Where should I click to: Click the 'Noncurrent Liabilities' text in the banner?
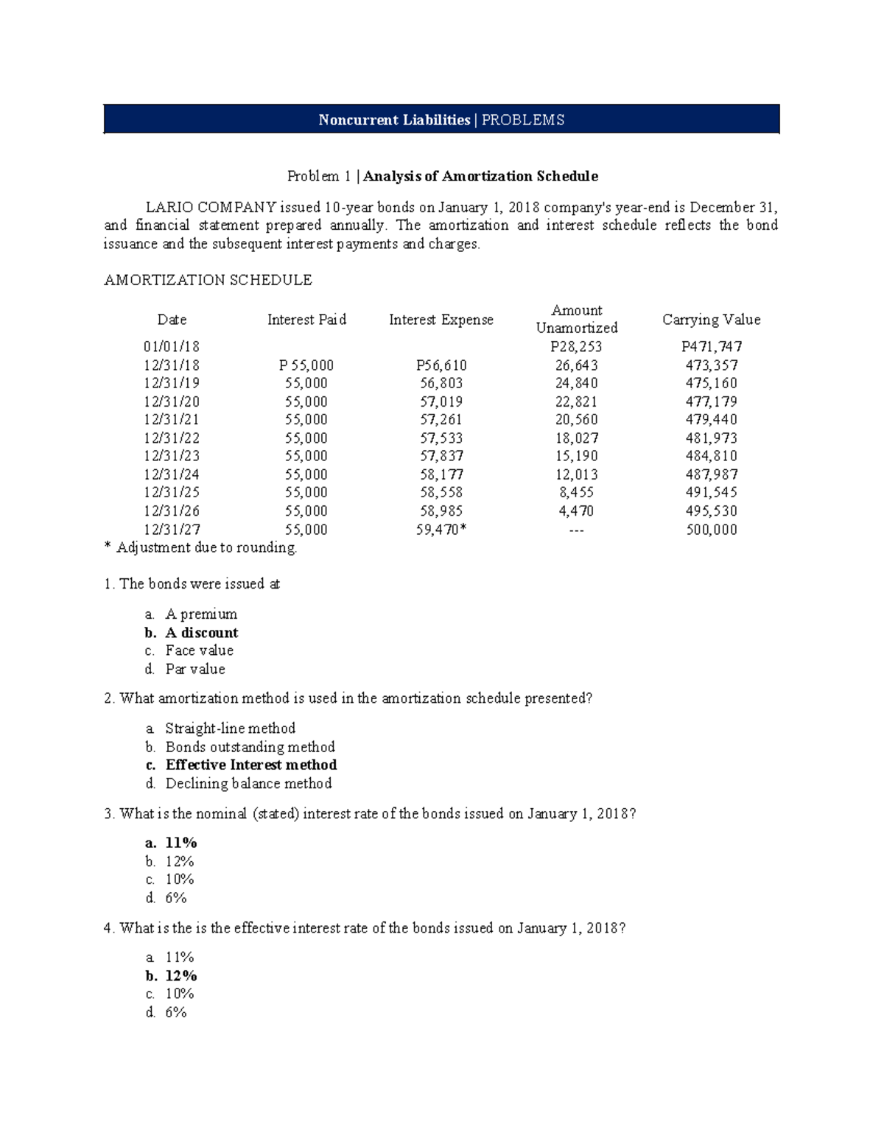[394, 120]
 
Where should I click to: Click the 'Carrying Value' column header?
[711, 320]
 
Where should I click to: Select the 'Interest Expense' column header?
[441, 320]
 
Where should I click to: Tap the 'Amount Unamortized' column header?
[576, 319]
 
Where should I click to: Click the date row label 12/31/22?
[172, 438]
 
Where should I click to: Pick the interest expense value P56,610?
[441, 365]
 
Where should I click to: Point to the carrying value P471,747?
[711, 347]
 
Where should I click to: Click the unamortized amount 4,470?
[576, 510]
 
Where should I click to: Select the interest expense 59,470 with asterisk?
[441, 530]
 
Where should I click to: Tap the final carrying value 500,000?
[711, 530]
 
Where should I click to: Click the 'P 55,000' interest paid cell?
[306, 365]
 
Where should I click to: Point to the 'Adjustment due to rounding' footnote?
[206, 547]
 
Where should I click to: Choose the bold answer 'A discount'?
[201, 633]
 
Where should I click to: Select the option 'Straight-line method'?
[230, 729]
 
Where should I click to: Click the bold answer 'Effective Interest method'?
[250, 765]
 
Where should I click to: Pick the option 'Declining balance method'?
[248, 784]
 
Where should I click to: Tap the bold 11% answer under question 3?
[180, 843]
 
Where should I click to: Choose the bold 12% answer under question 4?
[180, 976]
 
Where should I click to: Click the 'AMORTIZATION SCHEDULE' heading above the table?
[208, 280]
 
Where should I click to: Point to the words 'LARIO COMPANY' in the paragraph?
[211, 208]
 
